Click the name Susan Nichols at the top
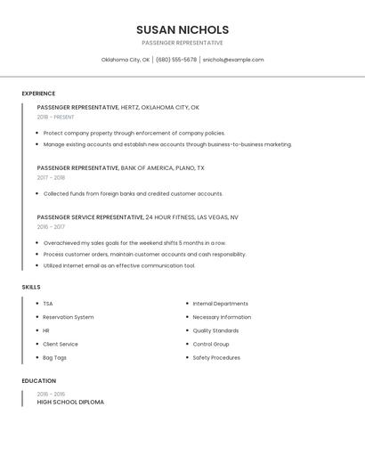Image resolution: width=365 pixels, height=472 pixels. point(182,29)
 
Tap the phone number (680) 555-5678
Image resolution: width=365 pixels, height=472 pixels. point(177,60)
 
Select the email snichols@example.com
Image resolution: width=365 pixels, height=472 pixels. point(232,60)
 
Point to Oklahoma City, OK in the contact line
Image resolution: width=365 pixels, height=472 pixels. point(126,60)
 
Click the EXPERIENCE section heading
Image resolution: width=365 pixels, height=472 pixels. point(38,94)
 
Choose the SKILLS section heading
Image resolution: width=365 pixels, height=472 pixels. point(31,287)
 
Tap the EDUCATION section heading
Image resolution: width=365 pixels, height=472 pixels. point(38,381)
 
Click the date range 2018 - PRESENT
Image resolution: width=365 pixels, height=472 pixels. point(56,117)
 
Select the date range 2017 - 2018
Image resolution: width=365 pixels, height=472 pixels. point(52,177)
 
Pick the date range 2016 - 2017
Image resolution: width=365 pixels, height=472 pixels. point(52,227)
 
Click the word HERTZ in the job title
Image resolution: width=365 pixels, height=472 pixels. point(131,107)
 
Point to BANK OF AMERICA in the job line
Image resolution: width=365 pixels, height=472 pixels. point(149,167)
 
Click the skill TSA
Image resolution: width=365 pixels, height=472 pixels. point(48,304)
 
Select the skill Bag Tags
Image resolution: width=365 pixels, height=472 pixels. point(55,358)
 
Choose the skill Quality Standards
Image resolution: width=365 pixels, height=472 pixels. point(216,330)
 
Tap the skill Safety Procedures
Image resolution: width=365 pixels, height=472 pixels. point(216,358)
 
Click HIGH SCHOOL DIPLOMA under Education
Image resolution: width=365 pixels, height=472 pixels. point(70,403)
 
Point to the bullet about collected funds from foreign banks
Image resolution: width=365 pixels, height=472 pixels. point(133,193)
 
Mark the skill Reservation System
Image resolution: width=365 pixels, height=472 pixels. point(69,317)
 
